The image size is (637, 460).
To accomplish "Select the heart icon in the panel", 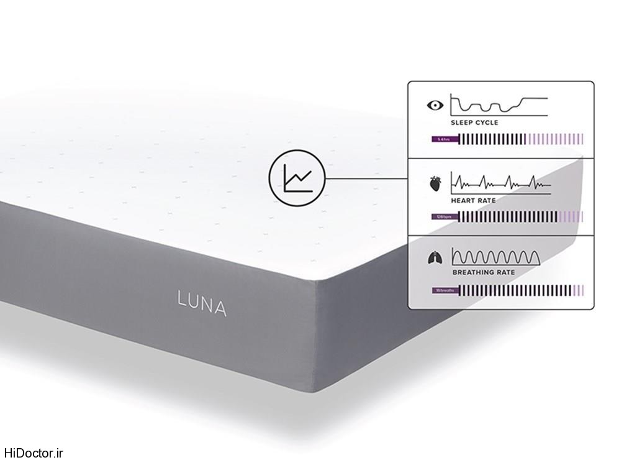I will pos(436,183).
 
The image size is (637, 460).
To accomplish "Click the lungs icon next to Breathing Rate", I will pos(436,255).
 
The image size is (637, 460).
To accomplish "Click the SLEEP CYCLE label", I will pos(474,123).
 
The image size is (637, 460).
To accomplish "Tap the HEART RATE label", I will pos(473,201).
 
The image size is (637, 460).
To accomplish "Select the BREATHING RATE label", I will pos(482,272).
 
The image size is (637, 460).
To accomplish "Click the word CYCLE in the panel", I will pos(486,123).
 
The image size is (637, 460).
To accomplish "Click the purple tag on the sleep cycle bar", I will pos(445,139).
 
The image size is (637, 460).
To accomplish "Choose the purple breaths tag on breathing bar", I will pos(445,290).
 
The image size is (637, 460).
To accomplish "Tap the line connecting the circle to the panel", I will pos(366,179).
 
